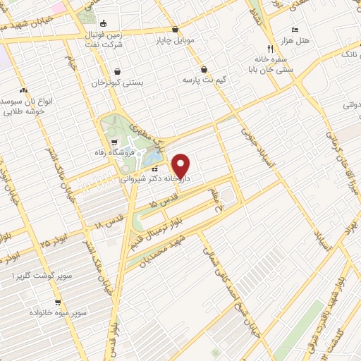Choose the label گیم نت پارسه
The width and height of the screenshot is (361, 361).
tap(206, 80)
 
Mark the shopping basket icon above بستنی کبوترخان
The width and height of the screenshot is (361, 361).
tap(117, 71)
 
